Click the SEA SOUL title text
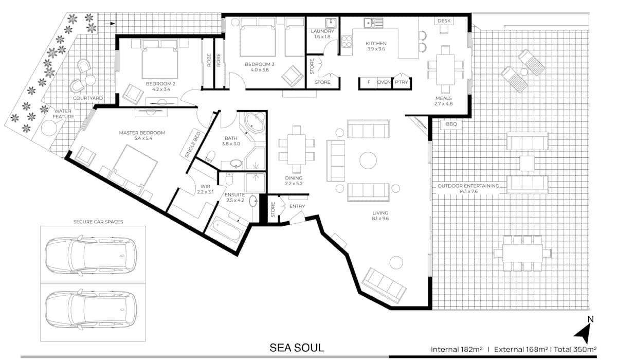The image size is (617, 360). click(297, 348)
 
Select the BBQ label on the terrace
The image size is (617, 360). click(451, 124)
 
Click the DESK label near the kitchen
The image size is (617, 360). click(444, 21)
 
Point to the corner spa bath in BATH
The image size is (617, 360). click(255, 123)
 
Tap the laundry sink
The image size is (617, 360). click(331, 23)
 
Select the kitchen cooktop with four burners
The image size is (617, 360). click(347, 42)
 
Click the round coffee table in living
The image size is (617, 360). click(368, 160)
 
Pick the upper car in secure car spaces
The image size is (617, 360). click(90, 255)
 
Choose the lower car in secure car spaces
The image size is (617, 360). click(90, 309)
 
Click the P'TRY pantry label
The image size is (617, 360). click(402, 82)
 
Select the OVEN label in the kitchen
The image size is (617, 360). click(384, 82)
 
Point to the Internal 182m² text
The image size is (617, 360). click(457, 349)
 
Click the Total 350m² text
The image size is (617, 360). click(575, 349)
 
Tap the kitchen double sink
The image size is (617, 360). click(373, 23)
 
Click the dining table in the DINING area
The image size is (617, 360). click(296, 149)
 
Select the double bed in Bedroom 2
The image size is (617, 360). click(160, 59)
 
